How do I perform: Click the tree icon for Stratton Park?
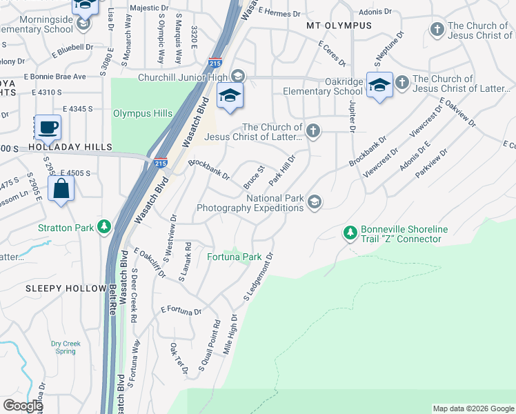(104, 226)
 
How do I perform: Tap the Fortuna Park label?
(235, 257)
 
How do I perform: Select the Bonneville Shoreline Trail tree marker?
(350, 233)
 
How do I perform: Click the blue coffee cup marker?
(47, 128)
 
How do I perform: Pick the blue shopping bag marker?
(61, 188)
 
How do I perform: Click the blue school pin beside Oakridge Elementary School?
(379, 85)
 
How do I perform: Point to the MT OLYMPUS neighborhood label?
(339, 26)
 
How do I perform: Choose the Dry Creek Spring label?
(66, 347)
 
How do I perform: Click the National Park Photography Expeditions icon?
(314, 201)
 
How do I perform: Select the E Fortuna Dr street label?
(181, 310)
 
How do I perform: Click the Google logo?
(22, 406)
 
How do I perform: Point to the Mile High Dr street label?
(230, 334)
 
